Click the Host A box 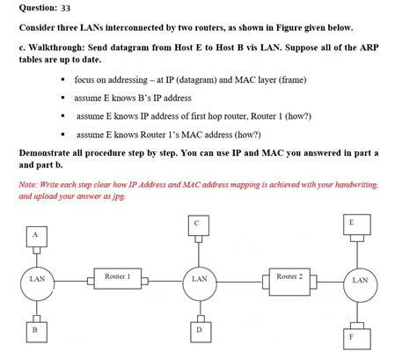click(35, 235)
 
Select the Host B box click(34, 328)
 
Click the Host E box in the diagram click(351, 223)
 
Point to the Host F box click(352, 336)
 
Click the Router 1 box click(117, 277)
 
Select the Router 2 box click(289, 277)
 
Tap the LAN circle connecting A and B click(36, 279)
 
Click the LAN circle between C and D click(199, 279)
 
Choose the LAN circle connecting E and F click(359, 280)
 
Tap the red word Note click(28, 184)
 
